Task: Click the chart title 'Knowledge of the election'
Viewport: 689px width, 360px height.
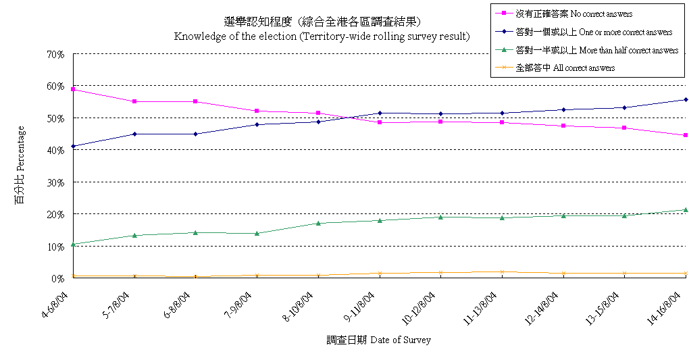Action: coord(322,36)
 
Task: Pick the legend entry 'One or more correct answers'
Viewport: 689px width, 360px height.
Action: coord(593,32)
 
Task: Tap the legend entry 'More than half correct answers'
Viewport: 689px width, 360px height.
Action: coord(596,50)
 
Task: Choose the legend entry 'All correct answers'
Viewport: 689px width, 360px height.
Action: coord(565,68)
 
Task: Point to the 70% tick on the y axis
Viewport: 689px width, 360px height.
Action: coord(56,54)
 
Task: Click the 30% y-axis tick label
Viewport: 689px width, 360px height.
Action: coord(56,182)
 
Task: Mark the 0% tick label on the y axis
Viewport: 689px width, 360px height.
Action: coord(58,278)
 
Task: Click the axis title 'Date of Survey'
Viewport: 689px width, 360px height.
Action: coord(378,340)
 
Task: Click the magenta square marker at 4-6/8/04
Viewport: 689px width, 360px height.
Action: coord(73,89)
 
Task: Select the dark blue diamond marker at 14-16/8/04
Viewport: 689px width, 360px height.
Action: coord(686,99)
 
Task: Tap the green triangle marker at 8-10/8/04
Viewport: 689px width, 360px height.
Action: coord(318,223)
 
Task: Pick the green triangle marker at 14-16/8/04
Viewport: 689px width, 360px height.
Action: coord(686,210)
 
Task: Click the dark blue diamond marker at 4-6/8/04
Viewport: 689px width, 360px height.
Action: coord(73,146)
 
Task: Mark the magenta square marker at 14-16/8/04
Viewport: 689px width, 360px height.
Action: coord(686,135)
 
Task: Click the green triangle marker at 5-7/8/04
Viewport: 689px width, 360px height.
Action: coord(134,235)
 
